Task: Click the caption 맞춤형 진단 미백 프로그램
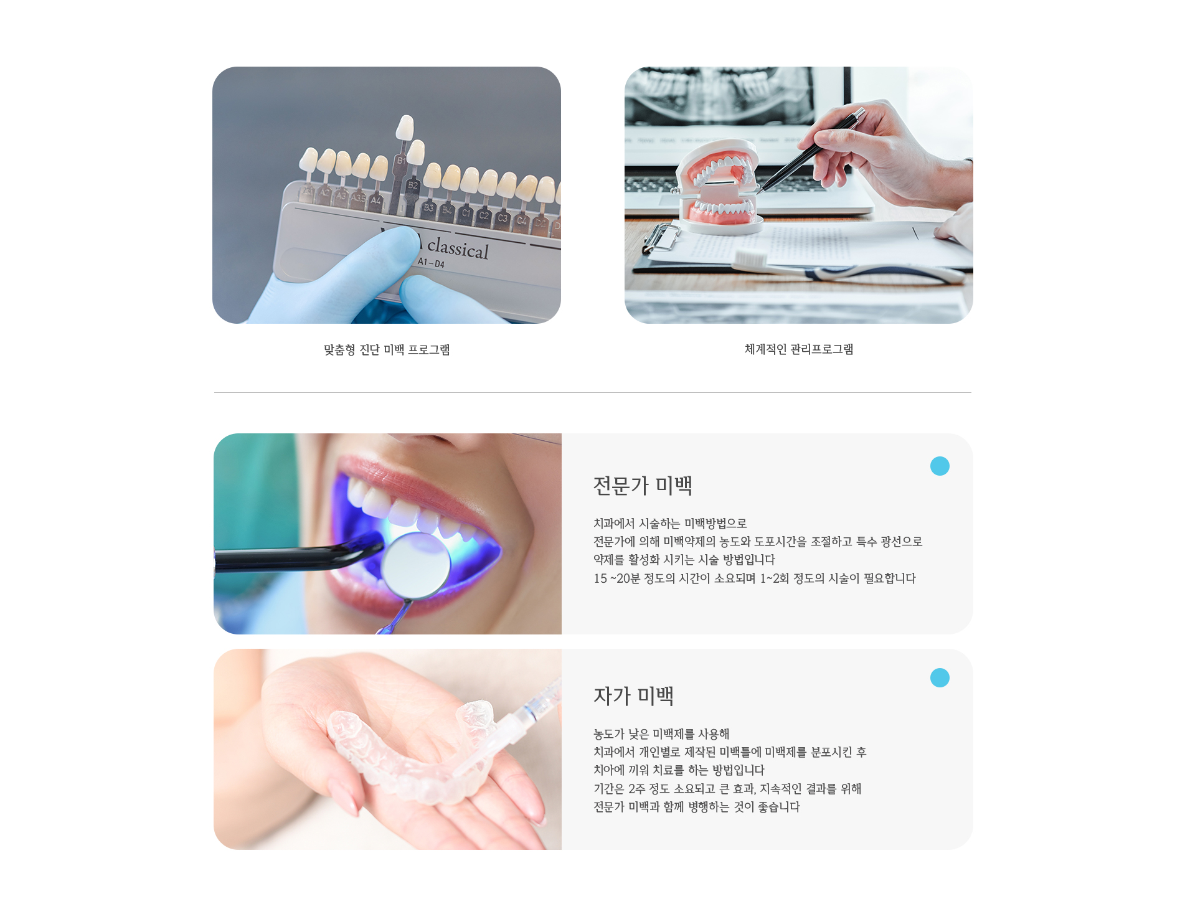click(x=387, y=350)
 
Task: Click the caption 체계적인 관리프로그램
click(x=799, y=349)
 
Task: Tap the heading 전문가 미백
click(x=643, y=486)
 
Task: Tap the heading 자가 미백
click(x=633, y=696)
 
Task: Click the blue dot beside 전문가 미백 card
click(x=939, y=466)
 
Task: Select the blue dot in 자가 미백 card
click(x=939, y=677)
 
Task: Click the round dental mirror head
click(x=415, y=565)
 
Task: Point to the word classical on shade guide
click(x=458, y=248)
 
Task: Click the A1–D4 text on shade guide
click(x=431, y=263)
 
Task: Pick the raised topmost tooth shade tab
click(x=405, y=127)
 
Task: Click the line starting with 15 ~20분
click(x=754, y=578)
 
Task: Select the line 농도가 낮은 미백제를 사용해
click(x=661, y=734)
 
